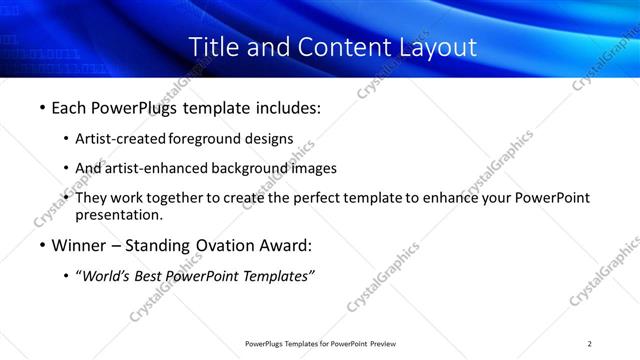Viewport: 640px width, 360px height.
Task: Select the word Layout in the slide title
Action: [x=430, y=47]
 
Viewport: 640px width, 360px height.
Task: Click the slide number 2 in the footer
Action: [x=589, y=344]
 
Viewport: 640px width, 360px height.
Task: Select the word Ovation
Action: [x=225, y=244]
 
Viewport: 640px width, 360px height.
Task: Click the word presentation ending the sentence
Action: [x=118, y=214]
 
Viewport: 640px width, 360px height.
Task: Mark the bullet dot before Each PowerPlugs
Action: [x=41, y=107]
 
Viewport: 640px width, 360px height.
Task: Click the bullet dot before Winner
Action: [x=41, y=244]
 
